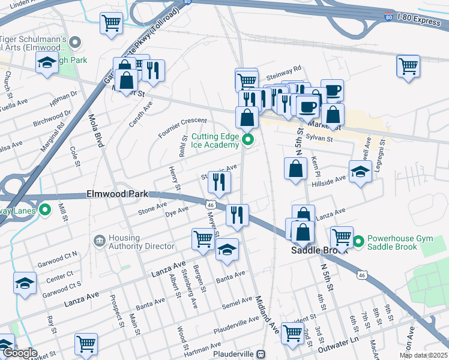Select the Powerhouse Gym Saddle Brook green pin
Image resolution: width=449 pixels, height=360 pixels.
coord(358,242)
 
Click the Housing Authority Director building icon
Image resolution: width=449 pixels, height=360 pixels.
coord(99,241)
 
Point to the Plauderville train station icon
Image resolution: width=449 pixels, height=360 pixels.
coord(260,354)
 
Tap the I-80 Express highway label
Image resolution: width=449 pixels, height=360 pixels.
coord(414,20)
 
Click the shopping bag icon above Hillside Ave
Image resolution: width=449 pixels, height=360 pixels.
coord(295,169)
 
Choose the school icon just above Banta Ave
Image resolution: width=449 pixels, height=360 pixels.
coord(227,249)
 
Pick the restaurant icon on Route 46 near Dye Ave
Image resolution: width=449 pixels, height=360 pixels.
coord(237,215)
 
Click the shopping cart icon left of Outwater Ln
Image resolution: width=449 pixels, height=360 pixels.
coord(292,332)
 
